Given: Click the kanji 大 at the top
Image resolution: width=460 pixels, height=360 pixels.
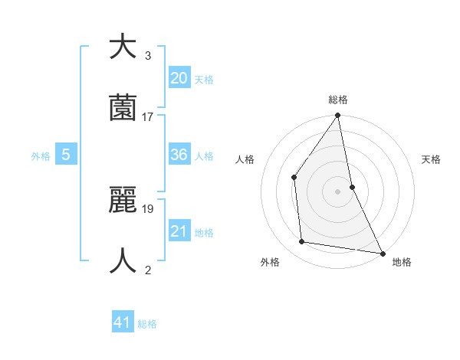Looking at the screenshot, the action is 123,47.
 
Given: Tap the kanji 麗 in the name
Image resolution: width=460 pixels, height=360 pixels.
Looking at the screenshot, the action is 123,201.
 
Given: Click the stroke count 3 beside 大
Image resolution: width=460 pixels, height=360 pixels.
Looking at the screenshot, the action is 148,56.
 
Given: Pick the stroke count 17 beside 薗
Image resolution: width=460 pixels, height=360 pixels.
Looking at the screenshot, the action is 148,116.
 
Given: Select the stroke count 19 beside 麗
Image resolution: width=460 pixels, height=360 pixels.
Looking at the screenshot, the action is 148,208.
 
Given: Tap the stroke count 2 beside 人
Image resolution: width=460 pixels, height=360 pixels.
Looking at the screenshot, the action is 148,270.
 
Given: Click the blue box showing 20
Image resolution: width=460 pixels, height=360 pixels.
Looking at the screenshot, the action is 179,78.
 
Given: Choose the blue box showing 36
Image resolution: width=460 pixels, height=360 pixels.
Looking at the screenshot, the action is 179,155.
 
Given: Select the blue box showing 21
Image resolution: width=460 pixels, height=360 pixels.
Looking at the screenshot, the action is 179,231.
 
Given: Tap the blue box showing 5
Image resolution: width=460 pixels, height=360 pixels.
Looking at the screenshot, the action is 66,155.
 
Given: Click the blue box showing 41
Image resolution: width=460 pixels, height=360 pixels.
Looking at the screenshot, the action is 123,322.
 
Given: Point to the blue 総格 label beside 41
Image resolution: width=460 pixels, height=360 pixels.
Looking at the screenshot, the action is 147,324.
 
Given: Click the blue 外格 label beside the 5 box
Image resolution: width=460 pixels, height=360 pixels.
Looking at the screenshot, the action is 41,156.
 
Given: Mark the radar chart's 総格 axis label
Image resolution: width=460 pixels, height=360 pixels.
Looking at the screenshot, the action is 338,100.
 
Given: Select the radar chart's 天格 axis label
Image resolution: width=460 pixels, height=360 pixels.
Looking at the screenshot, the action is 432,159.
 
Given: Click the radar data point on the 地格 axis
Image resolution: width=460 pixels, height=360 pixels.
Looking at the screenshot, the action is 382,253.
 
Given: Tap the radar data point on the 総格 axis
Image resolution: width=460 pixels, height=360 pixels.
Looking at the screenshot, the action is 337,116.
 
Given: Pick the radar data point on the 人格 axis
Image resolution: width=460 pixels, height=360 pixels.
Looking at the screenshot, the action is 294,177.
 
